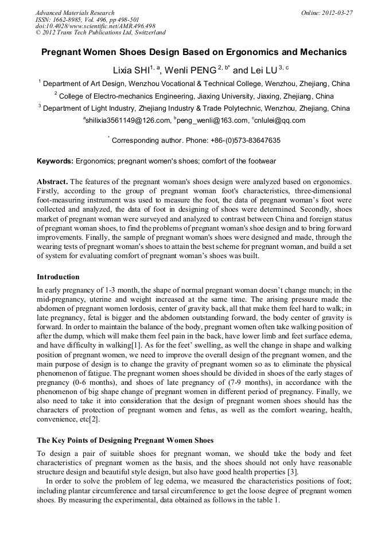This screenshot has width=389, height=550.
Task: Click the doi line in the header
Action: click(95, 26)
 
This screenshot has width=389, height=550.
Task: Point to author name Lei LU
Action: click(263, 71)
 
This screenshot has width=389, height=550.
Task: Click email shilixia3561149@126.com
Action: click(128, 120)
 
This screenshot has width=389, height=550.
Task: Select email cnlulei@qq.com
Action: click(279, 120)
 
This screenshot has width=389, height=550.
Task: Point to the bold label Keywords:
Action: click(55, 161)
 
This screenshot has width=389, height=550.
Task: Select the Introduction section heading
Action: click(58, 277)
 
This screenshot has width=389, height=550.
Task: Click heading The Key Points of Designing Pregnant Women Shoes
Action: click(125, 440)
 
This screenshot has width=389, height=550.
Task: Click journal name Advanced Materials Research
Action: click(75, 13)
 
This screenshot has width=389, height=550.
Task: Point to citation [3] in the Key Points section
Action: click(293, 471)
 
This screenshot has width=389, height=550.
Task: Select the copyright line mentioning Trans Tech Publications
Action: click(100, 33)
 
